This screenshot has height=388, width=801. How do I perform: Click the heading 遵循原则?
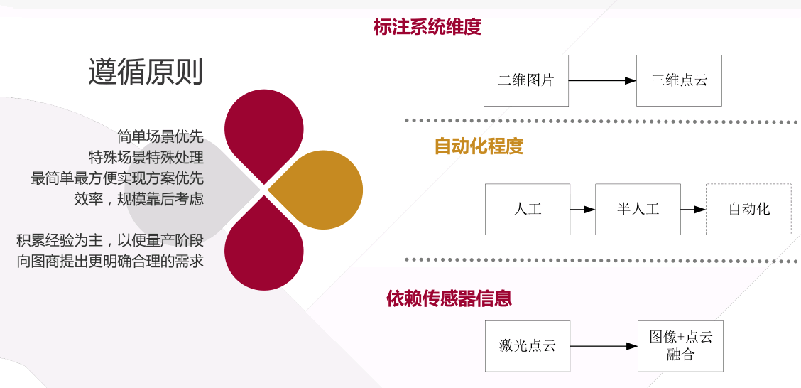coord(146,72)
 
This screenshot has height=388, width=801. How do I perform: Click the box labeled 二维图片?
coord(525,80)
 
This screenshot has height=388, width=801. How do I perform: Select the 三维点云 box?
coord(679,80)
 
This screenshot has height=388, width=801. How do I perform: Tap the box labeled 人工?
coord(527,209)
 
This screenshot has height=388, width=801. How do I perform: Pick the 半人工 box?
coord(638,209)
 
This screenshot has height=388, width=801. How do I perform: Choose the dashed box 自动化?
coord(748,209)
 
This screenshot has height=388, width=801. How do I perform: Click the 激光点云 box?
coord(527,346)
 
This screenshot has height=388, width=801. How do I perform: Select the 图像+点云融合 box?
coord(680,346)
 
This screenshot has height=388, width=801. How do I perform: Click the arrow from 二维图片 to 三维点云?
coord(602,81)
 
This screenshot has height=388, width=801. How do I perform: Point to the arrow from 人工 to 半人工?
coord(582,210)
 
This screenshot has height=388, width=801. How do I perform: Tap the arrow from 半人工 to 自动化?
coord(693,210)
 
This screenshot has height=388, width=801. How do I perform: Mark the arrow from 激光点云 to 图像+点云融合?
coord(604,347)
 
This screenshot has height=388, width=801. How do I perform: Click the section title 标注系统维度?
coord(427,27)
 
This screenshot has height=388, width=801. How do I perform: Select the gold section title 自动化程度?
coord(479,146)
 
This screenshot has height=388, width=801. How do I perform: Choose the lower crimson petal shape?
coord(264,249)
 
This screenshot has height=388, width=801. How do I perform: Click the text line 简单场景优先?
coord(160,136)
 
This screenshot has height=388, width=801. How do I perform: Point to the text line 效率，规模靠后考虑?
coord(138,199)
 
